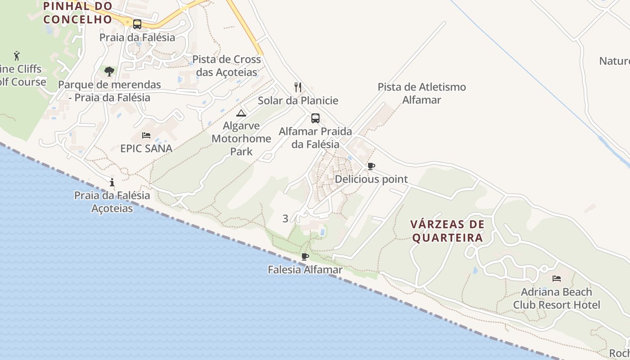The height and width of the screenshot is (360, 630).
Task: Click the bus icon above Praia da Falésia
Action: pos(137,24)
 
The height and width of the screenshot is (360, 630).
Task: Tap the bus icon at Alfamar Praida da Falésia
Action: pos(315,118)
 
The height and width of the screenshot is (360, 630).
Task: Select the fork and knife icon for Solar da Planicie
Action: pos(297,87)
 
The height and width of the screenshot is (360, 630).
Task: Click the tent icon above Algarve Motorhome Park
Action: pos(241,113)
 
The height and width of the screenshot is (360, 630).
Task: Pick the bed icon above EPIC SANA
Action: pos(146,135)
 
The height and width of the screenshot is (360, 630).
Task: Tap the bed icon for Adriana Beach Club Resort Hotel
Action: pos(557,279)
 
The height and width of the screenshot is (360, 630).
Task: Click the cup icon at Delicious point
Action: pos(371,166)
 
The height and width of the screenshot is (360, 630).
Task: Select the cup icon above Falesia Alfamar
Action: pos(305,257)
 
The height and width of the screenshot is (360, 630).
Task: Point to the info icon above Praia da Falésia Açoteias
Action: pos(112,182)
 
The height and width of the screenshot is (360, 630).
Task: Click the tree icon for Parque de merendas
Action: pos(109,71)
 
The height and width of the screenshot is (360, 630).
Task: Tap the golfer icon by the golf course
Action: pos(17,56)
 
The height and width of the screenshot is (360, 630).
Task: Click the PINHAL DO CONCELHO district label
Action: pos(77,13)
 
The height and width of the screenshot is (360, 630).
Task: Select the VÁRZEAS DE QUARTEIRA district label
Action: pos(448,231)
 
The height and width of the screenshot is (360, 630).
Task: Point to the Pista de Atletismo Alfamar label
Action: pos(422,93)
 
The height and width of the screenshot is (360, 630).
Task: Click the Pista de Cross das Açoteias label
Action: pos(227,66)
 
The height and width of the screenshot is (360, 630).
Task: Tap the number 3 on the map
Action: pos(285,219)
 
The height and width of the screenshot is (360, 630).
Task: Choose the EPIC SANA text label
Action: pos(146,148)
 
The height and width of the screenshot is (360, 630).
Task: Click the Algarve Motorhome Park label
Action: pos(241,139)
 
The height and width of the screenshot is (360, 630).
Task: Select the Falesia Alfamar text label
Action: pos(305,270)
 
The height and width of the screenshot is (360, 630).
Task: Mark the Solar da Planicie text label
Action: pos(298,100)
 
